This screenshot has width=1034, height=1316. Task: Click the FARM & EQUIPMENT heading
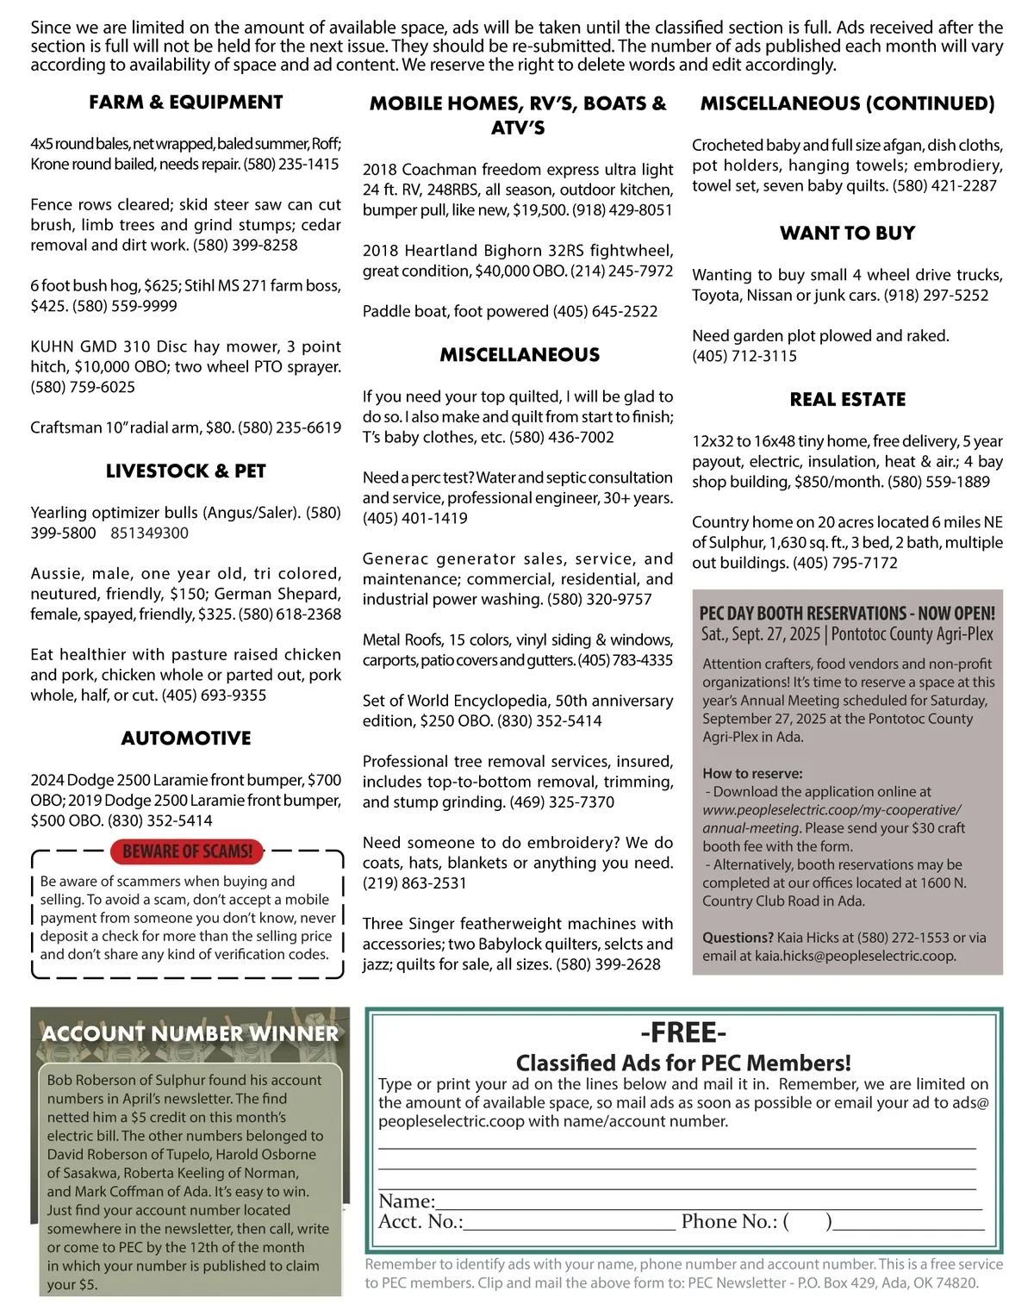185,103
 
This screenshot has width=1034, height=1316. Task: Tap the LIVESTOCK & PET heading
185,471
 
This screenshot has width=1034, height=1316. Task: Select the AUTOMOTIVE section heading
186,739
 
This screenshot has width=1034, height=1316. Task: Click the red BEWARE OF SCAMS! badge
187,851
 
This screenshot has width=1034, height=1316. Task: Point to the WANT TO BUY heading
847,234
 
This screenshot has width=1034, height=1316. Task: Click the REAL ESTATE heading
847,400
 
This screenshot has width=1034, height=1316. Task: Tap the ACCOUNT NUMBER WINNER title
190,1033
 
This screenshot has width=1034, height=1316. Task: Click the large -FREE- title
683,1032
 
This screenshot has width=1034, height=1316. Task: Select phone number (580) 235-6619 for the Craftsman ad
290,427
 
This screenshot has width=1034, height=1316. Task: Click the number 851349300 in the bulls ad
149,533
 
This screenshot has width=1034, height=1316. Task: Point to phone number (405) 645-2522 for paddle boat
605,311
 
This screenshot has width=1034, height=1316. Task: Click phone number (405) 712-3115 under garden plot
744,356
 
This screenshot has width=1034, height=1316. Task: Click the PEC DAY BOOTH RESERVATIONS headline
847,614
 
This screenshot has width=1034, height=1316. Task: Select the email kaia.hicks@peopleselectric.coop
855,956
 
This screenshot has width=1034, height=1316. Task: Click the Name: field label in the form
407,1201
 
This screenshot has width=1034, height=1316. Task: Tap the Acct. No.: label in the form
420,1222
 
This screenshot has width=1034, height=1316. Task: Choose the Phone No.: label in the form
729,1222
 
